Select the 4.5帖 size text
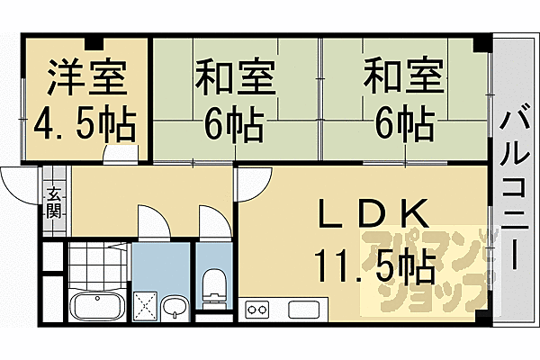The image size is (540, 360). pos(85,124)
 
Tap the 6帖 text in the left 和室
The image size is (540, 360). pos(233,124)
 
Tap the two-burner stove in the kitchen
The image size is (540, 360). pos(256,310)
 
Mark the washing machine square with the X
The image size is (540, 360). pos(145,305)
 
